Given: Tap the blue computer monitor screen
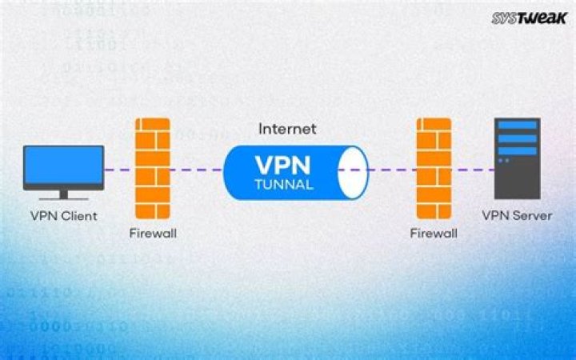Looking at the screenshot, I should (64, 167).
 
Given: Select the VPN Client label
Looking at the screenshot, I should (63, 215).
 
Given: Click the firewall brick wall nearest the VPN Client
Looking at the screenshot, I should (152, 170).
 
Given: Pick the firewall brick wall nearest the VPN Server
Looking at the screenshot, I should (434, 170).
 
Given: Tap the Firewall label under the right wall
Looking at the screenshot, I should (434, 234).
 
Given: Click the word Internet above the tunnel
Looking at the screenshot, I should (287, 128).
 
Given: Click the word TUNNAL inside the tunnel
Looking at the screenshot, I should (279, 183).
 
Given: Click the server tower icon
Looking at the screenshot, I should (516, 158).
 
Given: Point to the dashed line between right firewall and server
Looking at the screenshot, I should (472, 170).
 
